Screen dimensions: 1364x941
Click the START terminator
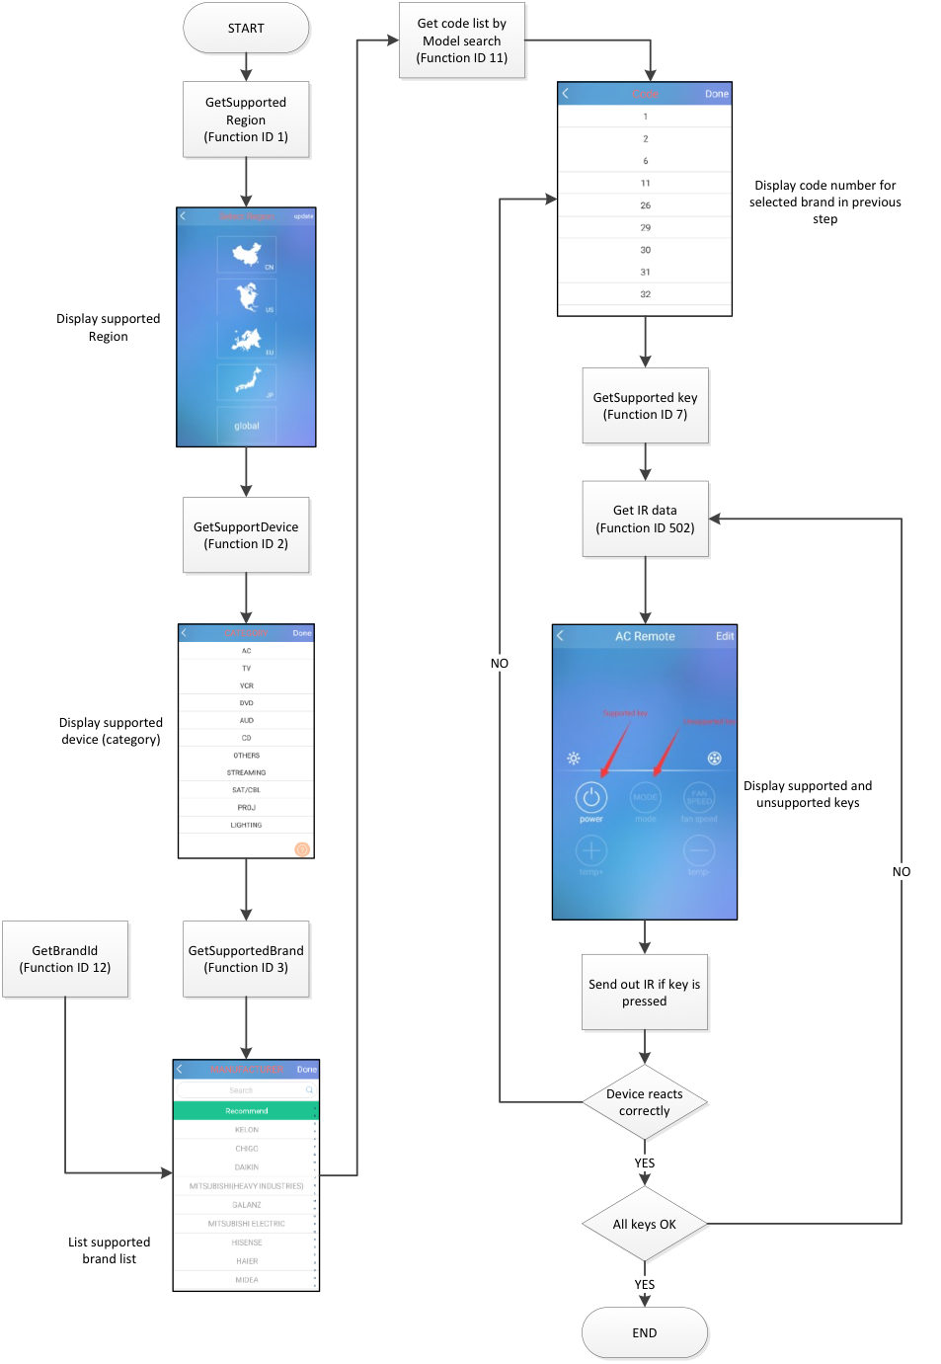[246, 29]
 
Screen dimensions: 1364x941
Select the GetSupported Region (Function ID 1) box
[246, 120]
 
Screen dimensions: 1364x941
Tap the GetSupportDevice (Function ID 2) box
[246, 535]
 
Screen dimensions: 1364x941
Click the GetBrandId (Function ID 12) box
[65, 959]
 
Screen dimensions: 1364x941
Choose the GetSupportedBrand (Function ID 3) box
[246, 959]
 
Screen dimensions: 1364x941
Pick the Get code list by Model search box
[461, 40]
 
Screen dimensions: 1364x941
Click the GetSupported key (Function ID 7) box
[645, 406]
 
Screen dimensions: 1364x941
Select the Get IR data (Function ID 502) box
[645, 520]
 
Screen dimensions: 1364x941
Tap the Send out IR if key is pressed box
[645, 993]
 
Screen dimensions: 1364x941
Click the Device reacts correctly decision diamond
[645, 1102]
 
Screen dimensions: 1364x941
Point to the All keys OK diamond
[645, 1225]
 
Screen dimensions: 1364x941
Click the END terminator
[645, 1333]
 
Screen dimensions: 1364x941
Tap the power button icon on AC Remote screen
[590, 797]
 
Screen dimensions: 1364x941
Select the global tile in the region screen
[247, 426]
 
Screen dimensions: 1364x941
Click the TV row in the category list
[247, 669]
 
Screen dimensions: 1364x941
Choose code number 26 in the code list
[645, 205]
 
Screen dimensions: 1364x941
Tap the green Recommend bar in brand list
[246, 1111]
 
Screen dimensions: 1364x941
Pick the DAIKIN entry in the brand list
[246, 1167]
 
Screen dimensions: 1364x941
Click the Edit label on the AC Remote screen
[725, 636]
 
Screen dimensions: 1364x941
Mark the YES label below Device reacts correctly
[645, 1163]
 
